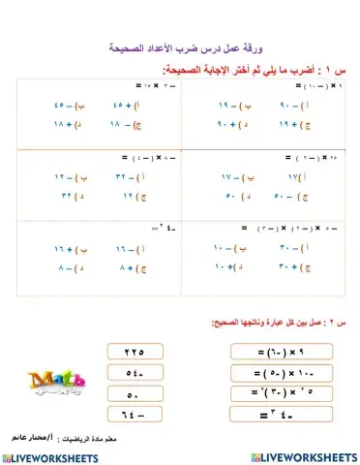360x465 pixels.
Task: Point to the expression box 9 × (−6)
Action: (274, 351)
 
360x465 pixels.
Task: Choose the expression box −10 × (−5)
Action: (274, 372)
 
